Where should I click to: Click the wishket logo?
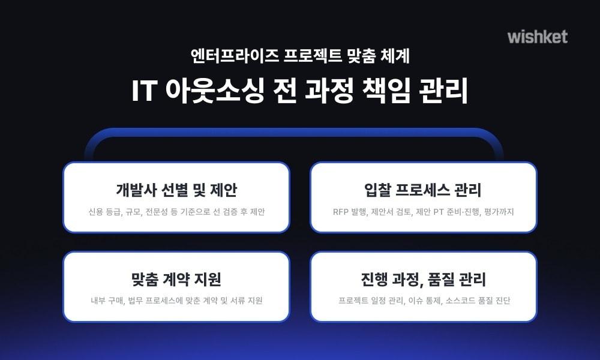[537, 37]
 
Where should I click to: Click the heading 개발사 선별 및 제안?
[176, 190]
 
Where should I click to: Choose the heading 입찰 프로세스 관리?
[423, 190]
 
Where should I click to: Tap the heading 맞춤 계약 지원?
[176, 280]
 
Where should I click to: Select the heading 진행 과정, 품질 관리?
[423, 280]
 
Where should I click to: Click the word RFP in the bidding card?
[341, 212]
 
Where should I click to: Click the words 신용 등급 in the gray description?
[102, 212]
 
